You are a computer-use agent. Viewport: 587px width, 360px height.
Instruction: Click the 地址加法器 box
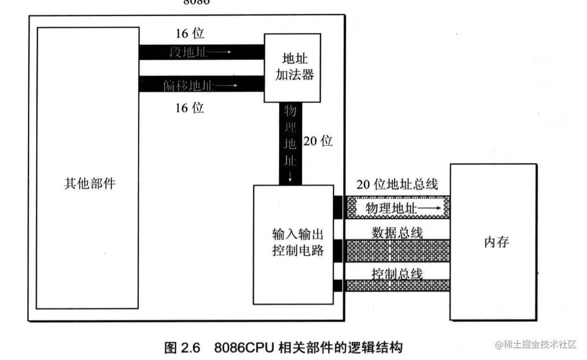(x=291, y=68)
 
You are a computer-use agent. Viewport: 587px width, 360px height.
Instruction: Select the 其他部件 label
(x=90, y=183)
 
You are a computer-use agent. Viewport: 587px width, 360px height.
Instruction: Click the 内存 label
(x=496, y=242)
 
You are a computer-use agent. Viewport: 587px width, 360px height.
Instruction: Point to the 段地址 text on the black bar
(x=189, y=52)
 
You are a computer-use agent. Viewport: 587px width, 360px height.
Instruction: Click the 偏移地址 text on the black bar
(x=189, y=85)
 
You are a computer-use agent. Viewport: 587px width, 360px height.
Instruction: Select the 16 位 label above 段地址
(x=190, y=34)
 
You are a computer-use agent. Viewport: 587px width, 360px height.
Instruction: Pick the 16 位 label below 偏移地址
(x=190, y=108)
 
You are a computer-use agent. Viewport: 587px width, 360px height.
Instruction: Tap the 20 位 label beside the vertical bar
(x=318, y=141)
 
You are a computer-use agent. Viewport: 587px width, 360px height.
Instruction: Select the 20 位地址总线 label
(x=397, y=185)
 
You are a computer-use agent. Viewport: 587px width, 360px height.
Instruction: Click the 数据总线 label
(x=397, y=233)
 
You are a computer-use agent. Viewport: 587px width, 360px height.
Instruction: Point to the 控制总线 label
(x=397, y=273)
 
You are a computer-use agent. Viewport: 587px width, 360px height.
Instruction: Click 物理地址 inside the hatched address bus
(x=390, y=208)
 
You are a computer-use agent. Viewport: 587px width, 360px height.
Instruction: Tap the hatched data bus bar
(x=397, y=250)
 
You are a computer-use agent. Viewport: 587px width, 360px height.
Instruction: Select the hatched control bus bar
(x=397, y=286)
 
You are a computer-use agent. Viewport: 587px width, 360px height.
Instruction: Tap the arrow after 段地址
(x=221, y=52)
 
